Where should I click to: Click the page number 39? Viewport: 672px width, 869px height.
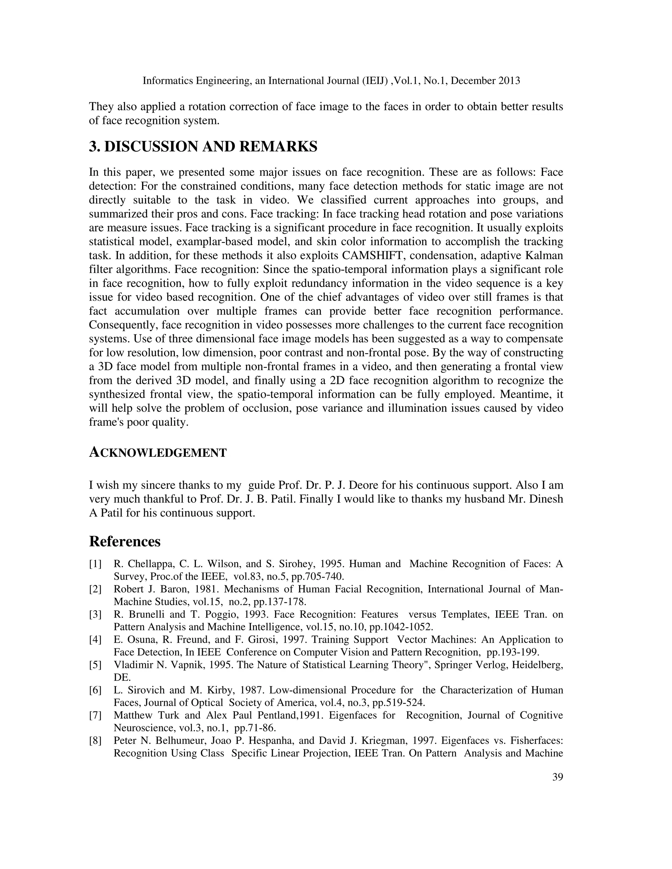coord(557,777)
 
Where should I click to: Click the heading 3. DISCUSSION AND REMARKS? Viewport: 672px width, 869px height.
coord(203,147)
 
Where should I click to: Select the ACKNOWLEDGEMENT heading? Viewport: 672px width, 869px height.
coord(157,453)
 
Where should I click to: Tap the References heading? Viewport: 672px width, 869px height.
coord(125,541)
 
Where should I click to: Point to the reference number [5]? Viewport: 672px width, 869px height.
coord(95,665)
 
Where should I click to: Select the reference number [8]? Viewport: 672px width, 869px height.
coord(95,741)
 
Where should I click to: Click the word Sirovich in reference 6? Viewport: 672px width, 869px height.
coord(146,690)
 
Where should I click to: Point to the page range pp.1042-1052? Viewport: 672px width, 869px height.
coord(401,627)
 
